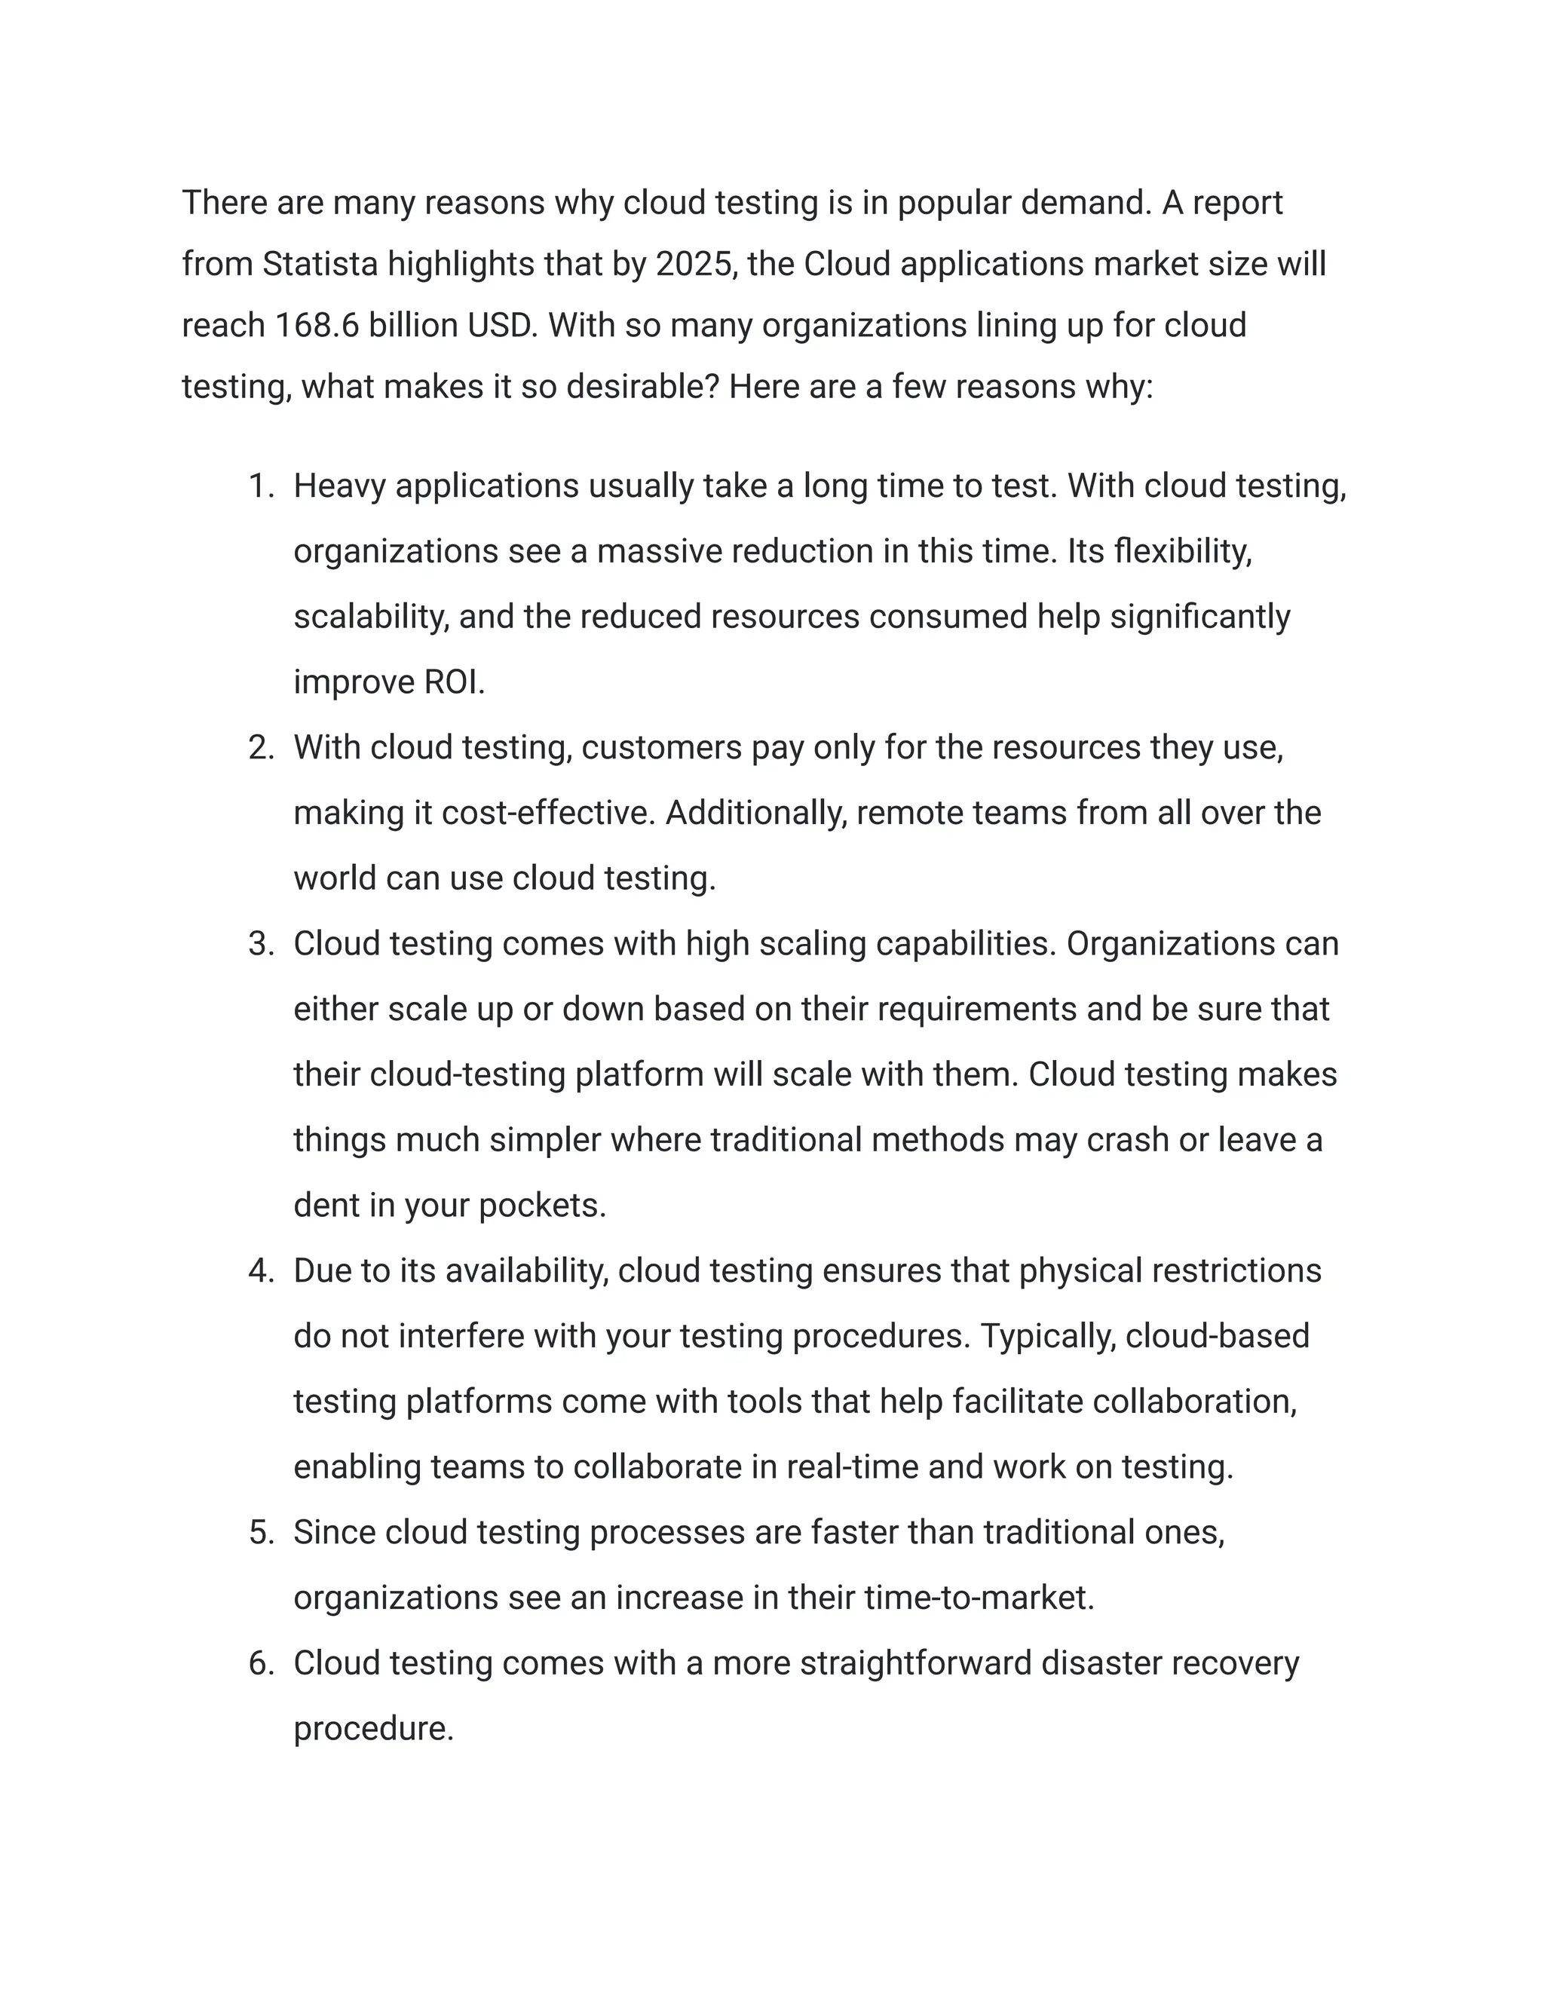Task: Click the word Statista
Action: click(x=320, y=265)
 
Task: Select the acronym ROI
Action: click(x=454, y=682)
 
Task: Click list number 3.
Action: click(x=261, y=944)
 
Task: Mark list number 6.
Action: click(x=261, y=1663)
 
